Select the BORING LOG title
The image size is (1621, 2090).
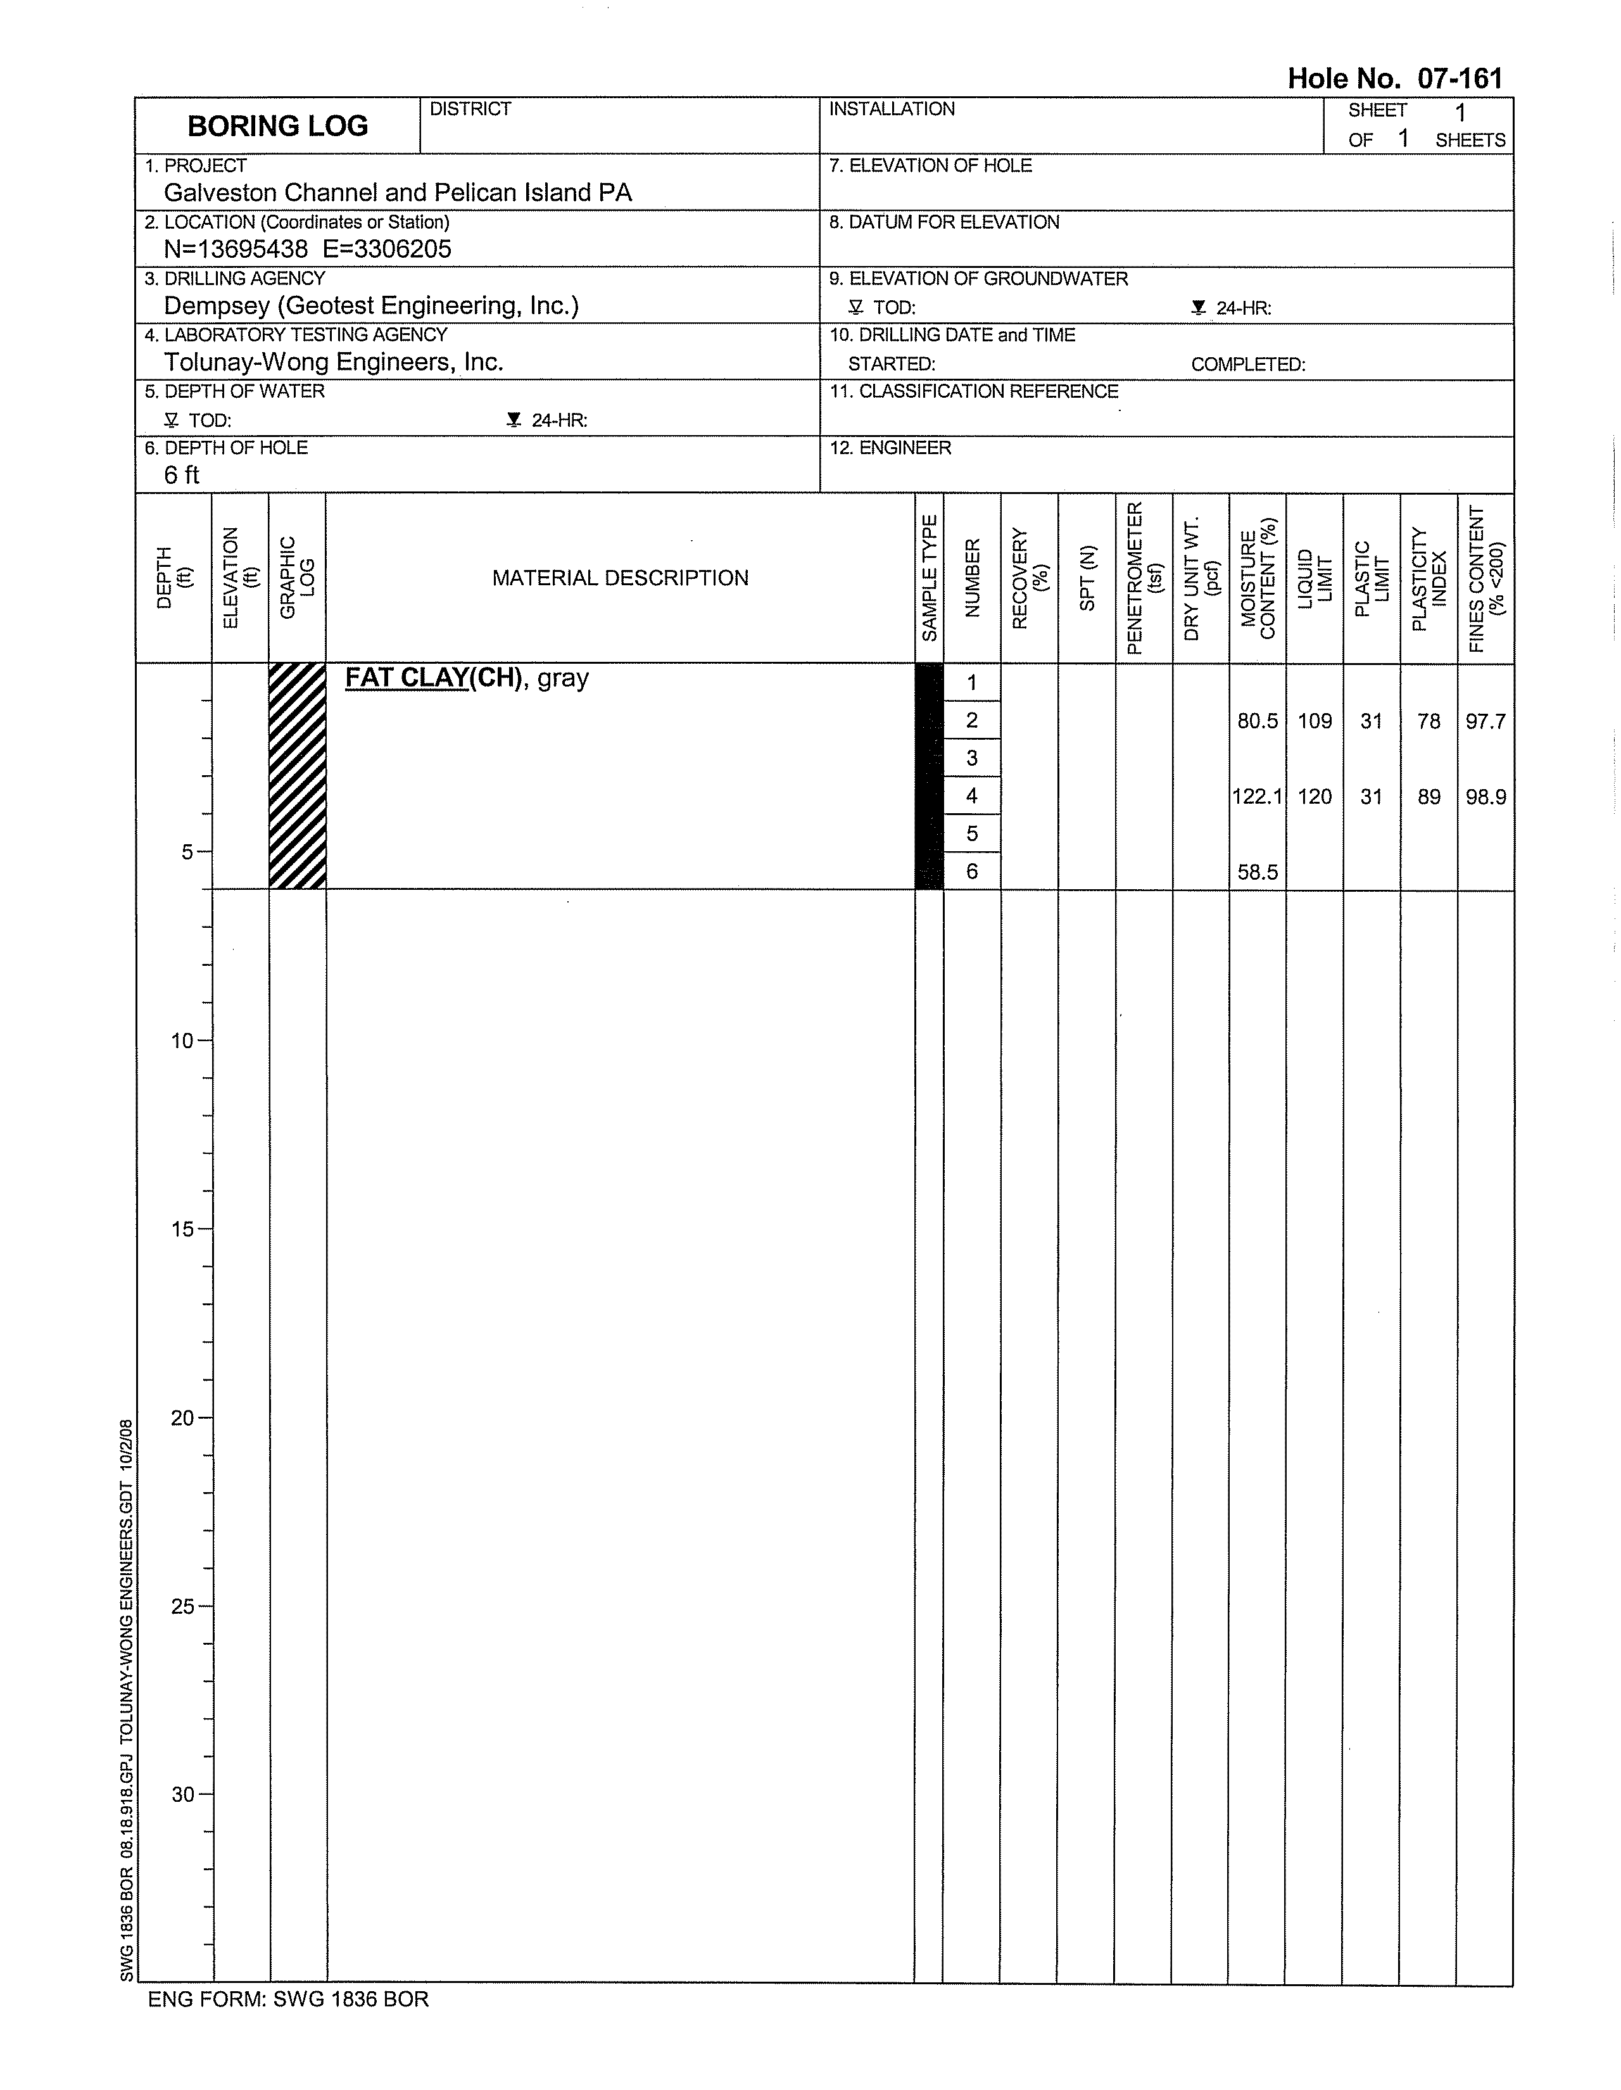(277, 126)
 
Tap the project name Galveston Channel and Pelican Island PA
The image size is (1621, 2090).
(398, 193)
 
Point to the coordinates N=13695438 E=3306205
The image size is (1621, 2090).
(307, 249)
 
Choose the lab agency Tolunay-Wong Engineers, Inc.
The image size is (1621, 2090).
(333, 362)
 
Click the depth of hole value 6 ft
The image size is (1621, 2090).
(182, 474)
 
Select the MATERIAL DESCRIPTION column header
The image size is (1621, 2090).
(620, 578)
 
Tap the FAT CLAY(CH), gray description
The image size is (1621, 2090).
(467, 678)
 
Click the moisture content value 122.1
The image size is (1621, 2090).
(1256, 796)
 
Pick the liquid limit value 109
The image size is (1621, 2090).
(1315, 721)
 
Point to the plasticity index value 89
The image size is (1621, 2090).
(1429, 796)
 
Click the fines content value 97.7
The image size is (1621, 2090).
(1485, 721)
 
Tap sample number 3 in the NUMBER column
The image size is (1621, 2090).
(972, 758)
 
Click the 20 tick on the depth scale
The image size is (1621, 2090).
(184, 1418)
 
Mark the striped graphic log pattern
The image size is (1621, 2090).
(298, 776)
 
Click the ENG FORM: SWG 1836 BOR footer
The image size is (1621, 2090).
(288, 1999)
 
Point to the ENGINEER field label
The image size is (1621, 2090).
(890, 448)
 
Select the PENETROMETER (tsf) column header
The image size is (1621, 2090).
(1144, 578)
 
